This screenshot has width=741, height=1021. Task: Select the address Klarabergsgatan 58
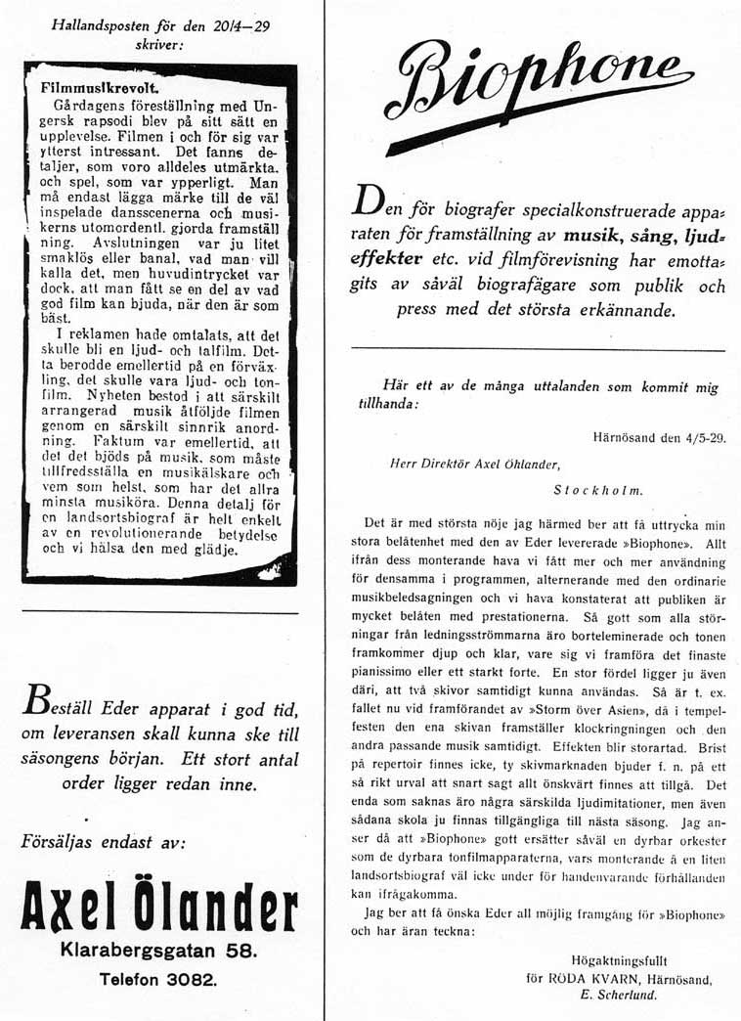coord(158,950)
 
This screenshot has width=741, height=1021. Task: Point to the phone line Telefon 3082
coord(158,979)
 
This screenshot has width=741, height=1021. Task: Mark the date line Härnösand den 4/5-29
coord(660,438)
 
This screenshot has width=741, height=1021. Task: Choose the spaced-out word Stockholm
coord(597,490)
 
